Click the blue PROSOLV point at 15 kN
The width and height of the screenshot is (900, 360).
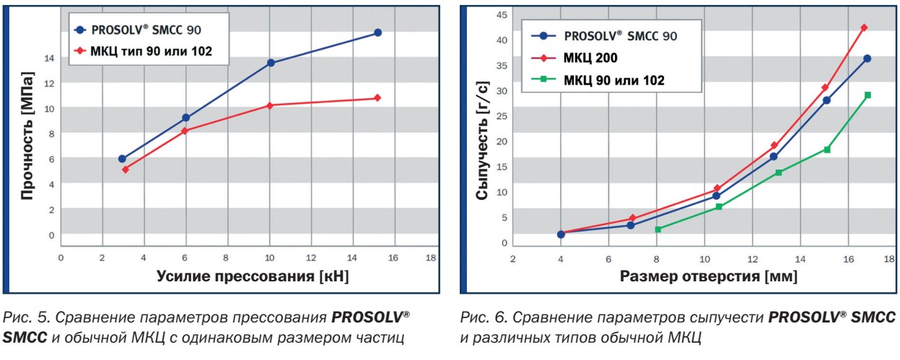tap(377, 33)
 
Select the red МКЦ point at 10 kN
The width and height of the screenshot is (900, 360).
tap(270, 105)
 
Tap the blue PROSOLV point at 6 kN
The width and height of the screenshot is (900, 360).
tap(185, 118)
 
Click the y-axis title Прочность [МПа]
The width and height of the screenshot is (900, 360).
tap(28, 136)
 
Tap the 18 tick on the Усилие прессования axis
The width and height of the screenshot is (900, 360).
tap(431, 258)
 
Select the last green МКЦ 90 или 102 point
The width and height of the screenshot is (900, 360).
tap(868, 95)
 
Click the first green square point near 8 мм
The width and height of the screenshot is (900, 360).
tap(657, 229)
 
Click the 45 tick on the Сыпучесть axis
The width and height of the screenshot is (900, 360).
tap(502, 14)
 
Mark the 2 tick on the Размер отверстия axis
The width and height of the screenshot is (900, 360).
tap(513, 258)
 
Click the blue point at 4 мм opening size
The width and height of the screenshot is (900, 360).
tap(561, 234)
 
